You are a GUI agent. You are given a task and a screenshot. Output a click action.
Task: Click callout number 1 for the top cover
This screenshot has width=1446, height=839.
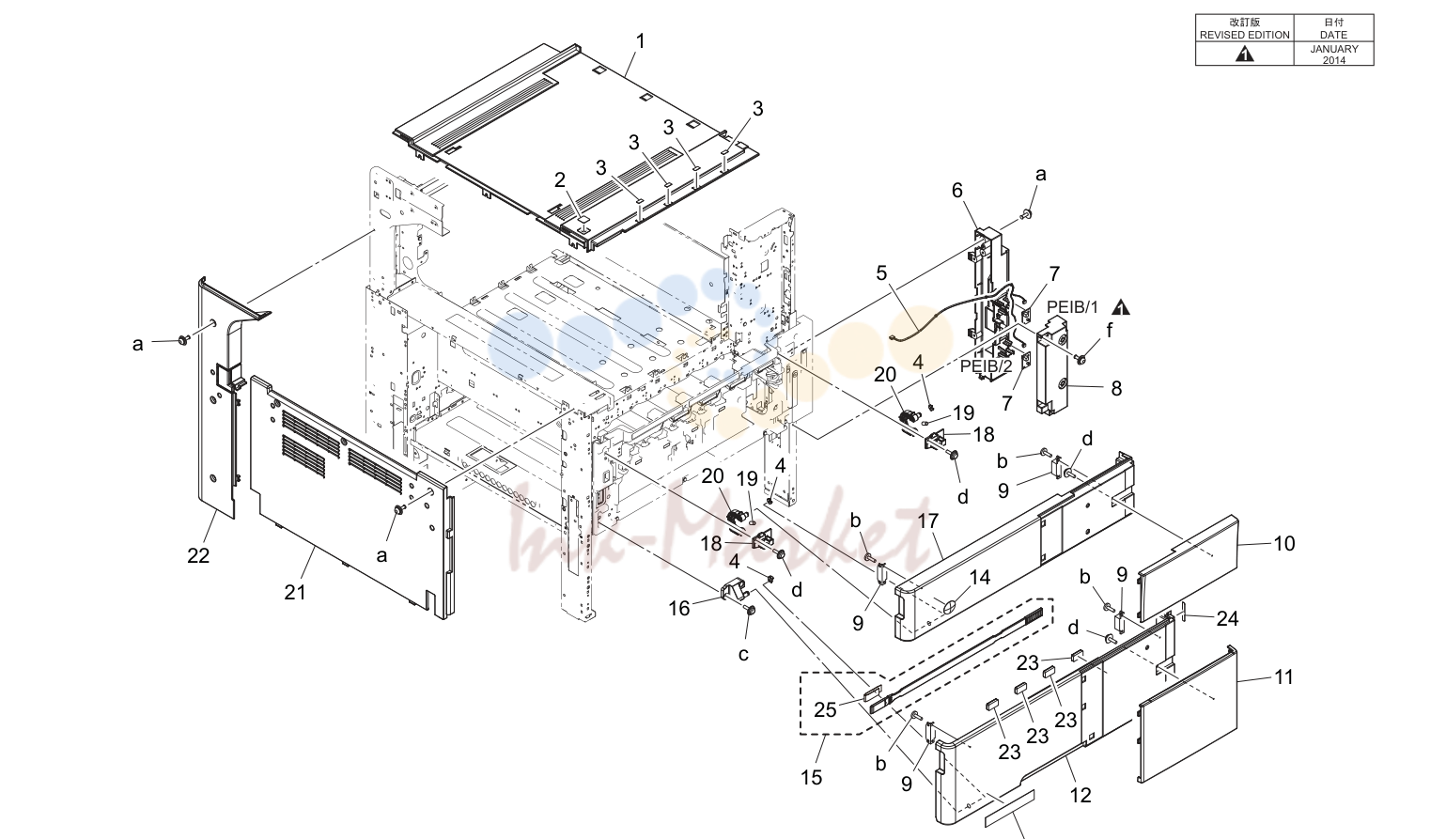(x=641, y=42)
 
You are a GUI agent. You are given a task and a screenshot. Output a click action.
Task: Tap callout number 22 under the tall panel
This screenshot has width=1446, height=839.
(x=198, y=555)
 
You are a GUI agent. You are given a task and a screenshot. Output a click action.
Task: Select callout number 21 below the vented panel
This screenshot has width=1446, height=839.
(x=295, y=591)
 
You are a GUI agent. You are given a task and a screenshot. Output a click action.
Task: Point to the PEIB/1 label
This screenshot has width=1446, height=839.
(x=1072, y=307)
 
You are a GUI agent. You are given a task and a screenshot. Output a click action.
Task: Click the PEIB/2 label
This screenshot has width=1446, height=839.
(x=986, y=365)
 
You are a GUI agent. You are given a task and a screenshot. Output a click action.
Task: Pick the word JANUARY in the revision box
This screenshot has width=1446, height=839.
(x=1333, y=49)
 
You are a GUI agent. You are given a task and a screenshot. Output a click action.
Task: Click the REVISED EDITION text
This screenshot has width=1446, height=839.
(x=1244, y=35)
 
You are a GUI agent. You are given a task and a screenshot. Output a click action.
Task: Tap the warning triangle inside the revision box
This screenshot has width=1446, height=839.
(x=1245, y=54)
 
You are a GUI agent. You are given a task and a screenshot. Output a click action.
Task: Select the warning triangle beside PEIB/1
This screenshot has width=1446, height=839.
(x=1121, y=307)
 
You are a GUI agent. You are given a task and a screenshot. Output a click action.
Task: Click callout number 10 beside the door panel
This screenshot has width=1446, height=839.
(x=1284, y=543)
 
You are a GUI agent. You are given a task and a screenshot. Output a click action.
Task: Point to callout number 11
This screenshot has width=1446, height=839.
(x=1284, y=677)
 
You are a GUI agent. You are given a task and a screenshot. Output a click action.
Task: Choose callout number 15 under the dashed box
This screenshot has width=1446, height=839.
(x=812, y=778)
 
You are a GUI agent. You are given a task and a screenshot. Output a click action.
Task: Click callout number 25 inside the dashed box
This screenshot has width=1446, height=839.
(x=825, y=710)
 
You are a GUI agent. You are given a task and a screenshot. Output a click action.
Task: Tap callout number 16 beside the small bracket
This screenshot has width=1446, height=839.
(x=679, y=608)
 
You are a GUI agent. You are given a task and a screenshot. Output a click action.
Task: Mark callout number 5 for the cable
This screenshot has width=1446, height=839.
(x=882, y=273)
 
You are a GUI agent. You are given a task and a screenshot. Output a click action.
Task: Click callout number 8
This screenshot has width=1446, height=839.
(x=1116, y=388)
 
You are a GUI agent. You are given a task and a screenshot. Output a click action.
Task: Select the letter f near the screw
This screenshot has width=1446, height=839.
(x=1110, y=331)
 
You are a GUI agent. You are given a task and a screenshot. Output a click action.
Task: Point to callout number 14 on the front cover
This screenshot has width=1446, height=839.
(x=980, y=577)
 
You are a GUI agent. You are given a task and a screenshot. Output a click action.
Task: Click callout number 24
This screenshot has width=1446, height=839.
(x=1227, y=618)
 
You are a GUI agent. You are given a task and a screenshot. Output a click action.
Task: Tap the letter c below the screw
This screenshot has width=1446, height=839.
(x=743, y=655)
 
